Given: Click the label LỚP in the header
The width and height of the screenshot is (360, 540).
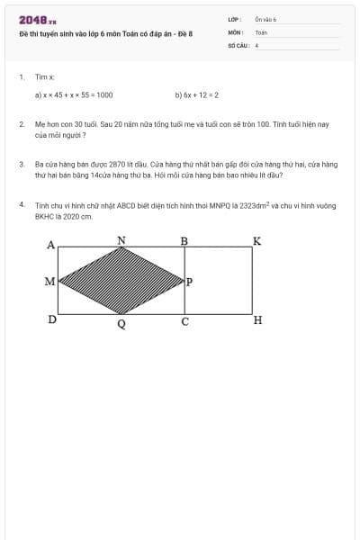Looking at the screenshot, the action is (234, 19).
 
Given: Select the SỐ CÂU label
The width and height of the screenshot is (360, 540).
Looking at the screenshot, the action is (238, 43).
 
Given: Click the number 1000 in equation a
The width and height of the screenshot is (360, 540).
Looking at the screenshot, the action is (104, 94).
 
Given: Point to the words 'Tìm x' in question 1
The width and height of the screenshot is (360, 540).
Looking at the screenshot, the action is (45, 77).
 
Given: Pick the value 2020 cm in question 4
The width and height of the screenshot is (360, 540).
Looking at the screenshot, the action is (76, 216).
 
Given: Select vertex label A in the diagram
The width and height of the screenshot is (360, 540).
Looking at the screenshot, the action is (50, 244).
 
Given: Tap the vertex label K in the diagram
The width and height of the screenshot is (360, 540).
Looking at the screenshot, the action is (256, 241).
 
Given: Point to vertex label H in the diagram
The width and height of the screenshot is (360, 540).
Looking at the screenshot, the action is (257, 320).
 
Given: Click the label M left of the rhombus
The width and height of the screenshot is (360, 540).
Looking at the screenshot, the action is (49, 282).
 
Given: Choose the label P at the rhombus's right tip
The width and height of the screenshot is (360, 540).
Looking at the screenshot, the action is (189, 282).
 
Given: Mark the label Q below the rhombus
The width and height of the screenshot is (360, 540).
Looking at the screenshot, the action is (121, 324).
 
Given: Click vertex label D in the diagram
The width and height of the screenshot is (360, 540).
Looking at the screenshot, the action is (52, 319).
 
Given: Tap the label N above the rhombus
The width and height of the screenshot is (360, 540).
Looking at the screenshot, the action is (121, 239).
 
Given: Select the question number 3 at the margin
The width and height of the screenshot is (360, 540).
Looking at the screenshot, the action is (22, 165).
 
